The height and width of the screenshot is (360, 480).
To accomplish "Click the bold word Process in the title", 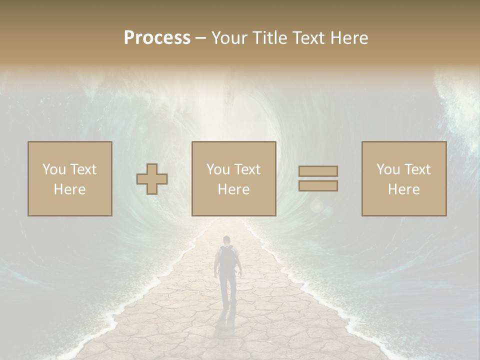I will pyautogui.click(x=157, y=38).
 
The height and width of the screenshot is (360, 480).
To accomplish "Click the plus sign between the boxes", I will pyautogui.click(x=152, y=179).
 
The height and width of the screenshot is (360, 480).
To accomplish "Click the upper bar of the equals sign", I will pyautogui.click(x=318, y=171).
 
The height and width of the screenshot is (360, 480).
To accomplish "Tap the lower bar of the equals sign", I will pyautogui.click(x=318, y=186).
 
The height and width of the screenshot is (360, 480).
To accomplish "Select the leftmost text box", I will pyautogui.click(x=70, y=178).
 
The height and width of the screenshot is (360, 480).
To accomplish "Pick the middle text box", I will pyautogui.click(x=233, y=178).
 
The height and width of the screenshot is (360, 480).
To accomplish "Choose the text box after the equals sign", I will pyautogui.click(x=404, y=178).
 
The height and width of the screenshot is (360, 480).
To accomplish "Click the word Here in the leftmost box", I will pyautogui.click(x=70, y=189).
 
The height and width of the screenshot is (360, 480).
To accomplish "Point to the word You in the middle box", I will pyautogui.click(x=218, y=169).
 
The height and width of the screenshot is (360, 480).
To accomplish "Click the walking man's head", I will pyautogui.click(x=227, y=240).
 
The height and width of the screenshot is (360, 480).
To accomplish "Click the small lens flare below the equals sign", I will pyautogui.click(x=316, y=205).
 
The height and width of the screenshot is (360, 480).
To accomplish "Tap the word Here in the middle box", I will pyautogui.click(x=233, y=189).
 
